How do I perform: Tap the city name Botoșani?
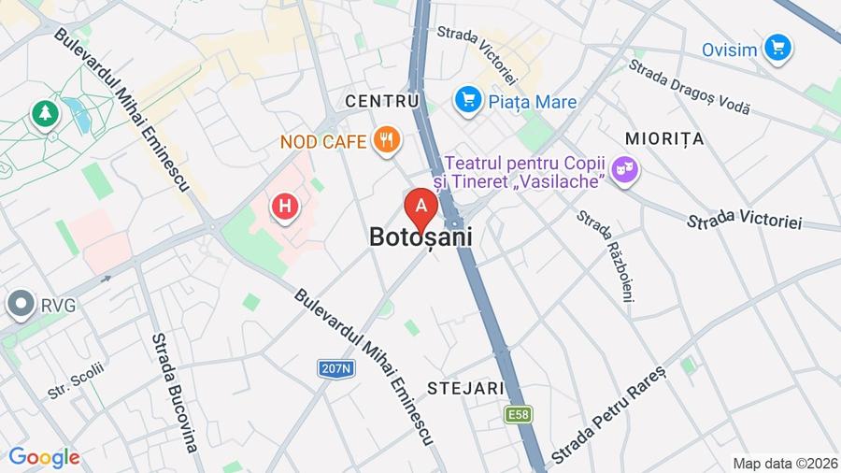[x=420, y=238]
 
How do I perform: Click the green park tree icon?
[x=44, y=114]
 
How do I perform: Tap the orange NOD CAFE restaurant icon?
[x=386, y=142]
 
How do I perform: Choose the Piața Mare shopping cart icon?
[x=468, y=99]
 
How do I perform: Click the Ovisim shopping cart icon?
[x=777, y=47]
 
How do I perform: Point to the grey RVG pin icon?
[x=19, y=305]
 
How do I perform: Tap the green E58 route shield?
[x=519, y=413]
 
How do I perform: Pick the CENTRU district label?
[x=381, y=100]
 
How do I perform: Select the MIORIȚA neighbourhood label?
[x=663, y=138]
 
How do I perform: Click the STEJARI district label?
[x=465, y=388]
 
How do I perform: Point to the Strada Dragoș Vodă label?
[x=689, y=87]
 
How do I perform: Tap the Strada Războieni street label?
[x=605, y=255]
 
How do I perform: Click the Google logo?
[x=44, y=457]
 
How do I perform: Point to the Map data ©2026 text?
[x=784, y=463]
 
